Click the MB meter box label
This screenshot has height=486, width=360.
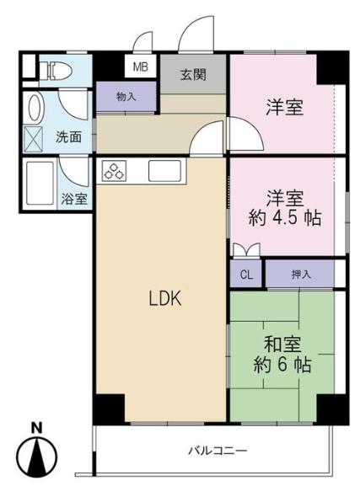pos(140,67)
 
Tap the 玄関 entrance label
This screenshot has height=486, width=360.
pos(193,75)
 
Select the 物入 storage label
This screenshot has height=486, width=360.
pos(126,97)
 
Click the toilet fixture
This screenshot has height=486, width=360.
pos(56,71)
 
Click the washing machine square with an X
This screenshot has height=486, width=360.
pos(33,139)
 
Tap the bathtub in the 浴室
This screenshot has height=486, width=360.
pos(40,184)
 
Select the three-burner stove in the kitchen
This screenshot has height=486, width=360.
pos(114,171)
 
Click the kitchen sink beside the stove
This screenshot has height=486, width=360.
pos(164,171)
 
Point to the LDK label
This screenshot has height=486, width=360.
pos(165,298)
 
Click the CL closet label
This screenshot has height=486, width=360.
pos(246,275)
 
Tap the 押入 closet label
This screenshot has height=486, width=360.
pos(301,274)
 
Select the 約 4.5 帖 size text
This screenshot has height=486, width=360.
pos(285,218)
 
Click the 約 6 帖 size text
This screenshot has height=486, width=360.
pos(282,365)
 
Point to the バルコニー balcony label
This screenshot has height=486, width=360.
pos(218,451)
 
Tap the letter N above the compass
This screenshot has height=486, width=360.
pos(37,428)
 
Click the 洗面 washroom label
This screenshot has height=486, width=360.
pos(69,136)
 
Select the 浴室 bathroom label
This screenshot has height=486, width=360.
pos(74,199)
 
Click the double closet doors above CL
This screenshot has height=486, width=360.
pos(246,249)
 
